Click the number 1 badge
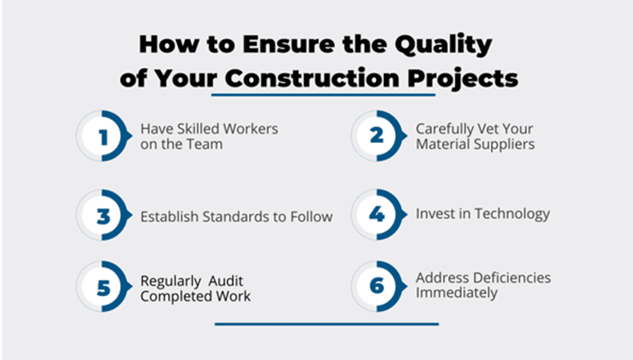tap(104, 136)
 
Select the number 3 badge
tap(104, 215)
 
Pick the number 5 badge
tap(104, 286)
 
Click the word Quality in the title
tap(443, 44)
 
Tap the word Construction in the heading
tap(312, 78)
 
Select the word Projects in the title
tap(462, 78)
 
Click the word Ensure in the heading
tap(289, 44)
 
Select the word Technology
tap(512, 214)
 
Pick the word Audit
tap(226, 280)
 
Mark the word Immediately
tap(456, 293)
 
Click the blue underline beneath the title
tap(323, 95)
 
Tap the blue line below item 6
tap(327, 324)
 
